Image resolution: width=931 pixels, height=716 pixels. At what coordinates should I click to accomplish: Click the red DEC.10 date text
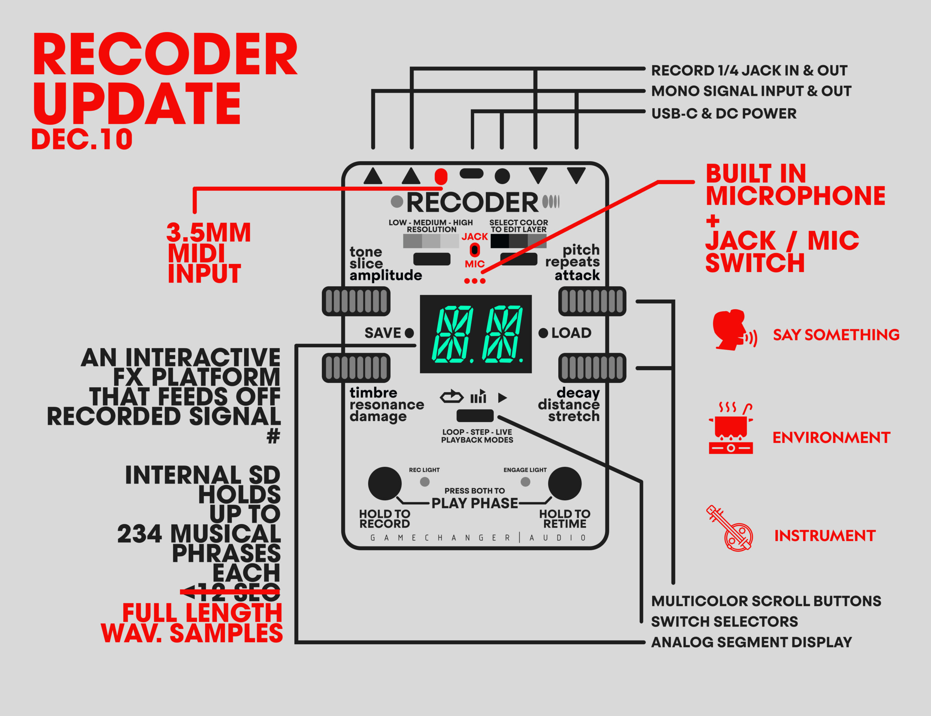click(82, 139)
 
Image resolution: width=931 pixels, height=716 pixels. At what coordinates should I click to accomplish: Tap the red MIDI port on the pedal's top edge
click(441, 176)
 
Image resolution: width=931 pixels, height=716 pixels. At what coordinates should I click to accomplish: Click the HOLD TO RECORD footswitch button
click(384, 483)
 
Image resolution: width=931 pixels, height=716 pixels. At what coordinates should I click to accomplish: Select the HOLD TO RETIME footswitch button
click(564, 483)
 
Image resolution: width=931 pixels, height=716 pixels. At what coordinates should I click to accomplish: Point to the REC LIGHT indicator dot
click(424, 481)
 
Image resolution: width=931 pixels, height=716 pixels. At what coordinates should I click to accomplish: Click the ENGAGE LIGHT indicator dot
click(525, 481)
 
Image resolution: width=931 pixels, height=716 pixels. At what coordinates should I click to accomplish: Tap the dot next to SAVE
click(409, 333)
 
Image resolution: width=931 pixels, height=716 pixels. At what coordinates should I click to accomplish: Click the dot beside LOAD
click(543, 333)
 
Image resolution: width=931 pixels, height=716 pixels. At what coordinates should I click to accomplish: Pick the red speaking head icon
click(733, 330)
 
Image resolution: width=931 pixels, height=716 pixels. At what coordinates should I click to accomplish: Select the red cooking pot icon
click(731, 428)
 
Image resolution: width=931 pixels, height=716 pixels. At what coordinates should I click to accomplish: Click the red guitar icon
click(730, 528)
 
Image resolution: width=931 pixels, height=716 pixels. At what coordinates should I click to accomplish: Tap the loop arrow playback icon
click(451, 397)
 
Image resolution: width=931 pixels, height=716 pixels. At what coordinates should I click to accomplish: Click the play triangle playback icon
click(502, 397)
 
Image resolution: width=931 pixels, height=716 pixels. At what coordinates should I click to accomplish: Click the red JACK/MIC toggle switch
click(475, 250)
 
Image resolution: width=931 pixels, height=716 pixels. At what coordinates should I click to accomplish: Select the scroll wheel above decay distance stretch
click(592, 368)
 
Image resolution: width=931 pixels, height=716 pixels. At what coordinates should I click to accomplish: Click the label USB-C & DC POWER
click(723, 113)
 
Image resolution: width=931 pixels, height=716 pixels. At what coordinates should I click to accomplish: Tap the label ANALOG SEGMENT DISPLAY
click(751, 642)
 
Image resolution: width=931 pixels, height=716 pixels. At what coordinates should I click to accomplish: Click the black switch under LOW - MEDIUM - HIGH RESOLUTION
click(432, 259)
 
